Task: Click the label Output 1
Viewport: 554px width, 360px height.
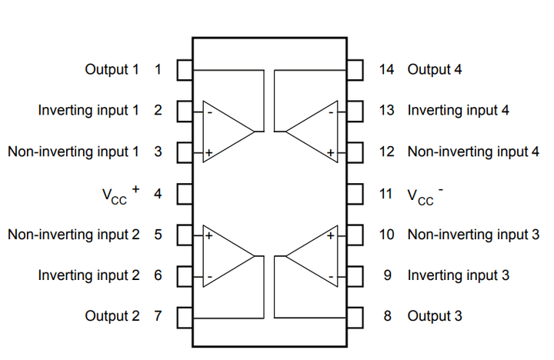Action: click(x=112, y=70)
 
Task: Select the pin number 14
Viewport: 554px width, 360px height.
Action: click(x=387, y=70)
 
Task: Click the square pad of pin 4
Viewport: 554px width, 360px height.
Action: click(x=185, y=193)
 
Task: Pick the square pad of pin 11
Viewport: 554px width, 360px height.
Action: click(x=355, y=193)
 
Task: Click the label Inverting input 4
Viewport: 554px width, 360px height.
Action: click(x=458, y=111)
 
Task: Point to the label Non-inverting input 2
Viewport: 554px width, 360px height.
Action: click(x=74, y=234)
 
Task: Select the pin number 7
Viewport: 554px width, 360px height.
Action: click(x=158, y=316)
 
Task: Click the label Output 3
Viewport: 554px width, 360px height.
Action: click(x=435, y=316)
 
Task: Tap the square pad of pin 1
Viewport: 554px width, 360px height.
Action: click(x=185, y=70)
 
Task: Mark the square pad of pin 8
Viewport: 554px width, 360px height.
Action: click(x=355, y=316)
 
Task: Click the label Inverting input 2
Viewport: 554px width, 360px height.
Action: click(x=88, y=275)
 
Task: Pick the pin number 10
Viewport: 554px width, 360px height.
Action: click(x=387, y=234)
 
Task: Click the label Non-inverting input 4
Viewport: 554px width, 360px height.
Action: click(x=473, y=152)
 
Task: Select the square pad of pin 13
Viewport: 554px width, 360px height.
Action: click(x=355, y=111)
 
